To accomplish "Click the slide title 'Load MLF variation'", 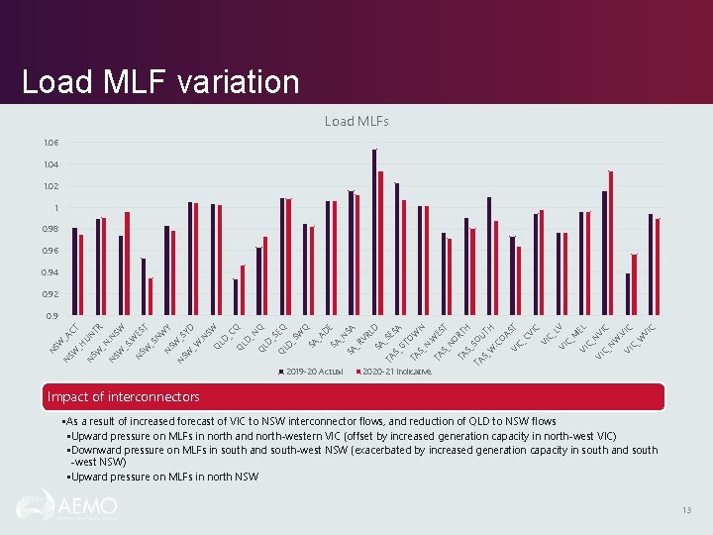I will [x=160, y=81].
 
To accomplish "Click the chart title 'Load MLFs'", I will [x=356, y=121].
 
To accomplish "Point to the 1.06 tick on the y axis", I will [x=51, y=143].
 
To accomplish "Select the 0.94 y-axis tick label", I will [x=51, y=272].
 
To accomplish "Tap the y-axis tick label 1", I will [x=56, y=208].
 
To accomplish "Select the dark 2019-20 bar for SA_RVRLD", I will [x=374, y=233].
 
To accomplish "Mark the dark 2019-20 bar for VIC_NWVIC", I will [x=628, y=294].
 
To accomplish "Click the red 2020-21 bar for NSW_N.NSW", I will [x=128, y=264].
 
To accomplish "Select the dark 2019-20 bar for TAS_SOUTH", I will [x=489, y=257].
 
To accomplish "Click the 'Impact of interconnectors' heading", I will [x=124, y=397].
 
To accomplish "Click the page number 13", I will [x=685, y=510].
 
